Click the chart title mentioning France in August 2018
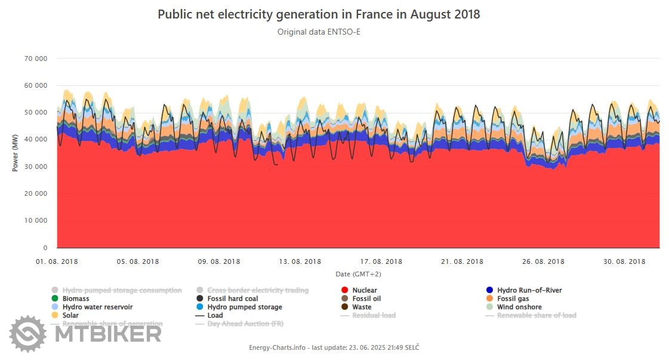319,14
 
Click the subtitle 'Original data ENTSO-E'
319,32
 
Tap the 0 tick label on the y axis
45,248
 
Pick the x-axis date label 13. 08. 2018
300,261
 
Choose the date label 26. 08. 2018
544,261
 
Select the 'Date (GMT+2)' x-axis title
358,274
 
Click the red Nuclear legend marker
345,291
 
